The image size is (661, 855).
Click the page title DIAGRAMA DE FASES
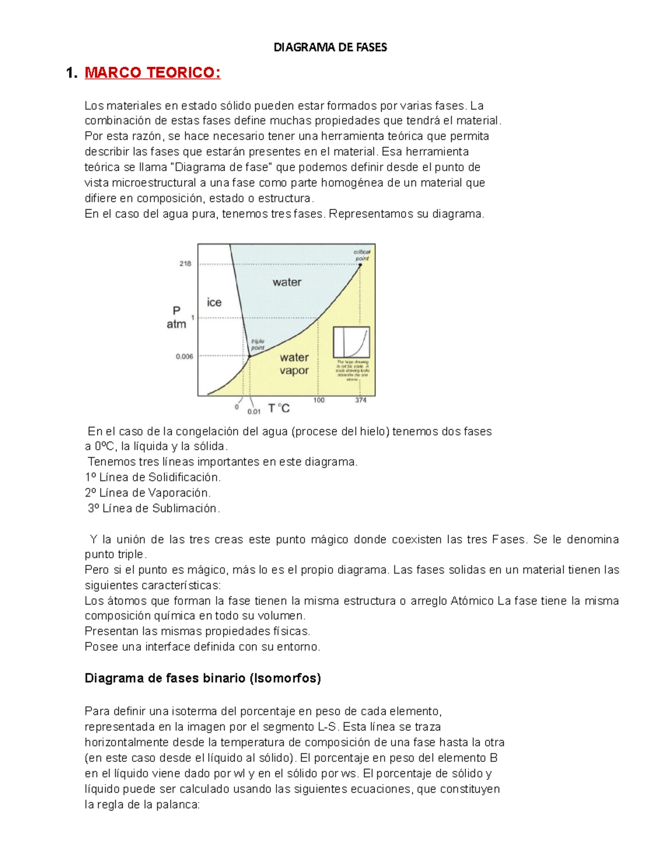(330, 47)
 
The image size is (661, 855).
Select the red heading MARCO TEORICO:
(152, 73)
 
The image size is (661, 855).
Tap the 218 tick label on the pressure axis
(185, 264)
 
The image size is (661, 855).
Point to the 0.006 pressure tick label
(184, 356)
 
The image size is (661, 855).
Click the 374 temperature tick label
(360, 400)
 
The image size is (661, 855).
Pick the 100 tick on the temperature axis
(319, 400)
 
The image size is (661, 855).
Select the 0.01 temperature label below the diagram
(254, 411)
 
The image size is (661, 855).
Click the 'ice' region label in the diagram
(214, 302)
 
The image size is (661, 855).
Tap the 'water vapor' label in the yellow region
(294, 364)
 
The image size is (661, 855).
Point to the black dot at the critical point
(360, 265)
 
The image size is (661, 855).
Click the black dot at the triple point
(250, 356)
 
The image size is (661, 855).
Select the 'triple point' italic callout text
(258, 345)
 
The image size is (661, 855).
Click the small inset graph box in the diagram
(351, 342)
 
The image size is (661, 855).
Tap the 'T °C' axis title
(279, 409)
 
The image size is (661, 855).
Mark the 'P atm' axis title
(176, 318)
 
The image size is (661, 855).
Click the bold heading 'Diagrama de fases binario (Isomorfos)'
(202, 678)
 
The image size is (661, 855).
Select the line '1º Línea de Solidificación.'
(153, 477)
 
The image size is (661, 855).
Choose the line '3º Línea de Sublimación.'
(154, 508)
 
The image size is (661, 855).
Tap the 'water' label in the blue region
(287, 282)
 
